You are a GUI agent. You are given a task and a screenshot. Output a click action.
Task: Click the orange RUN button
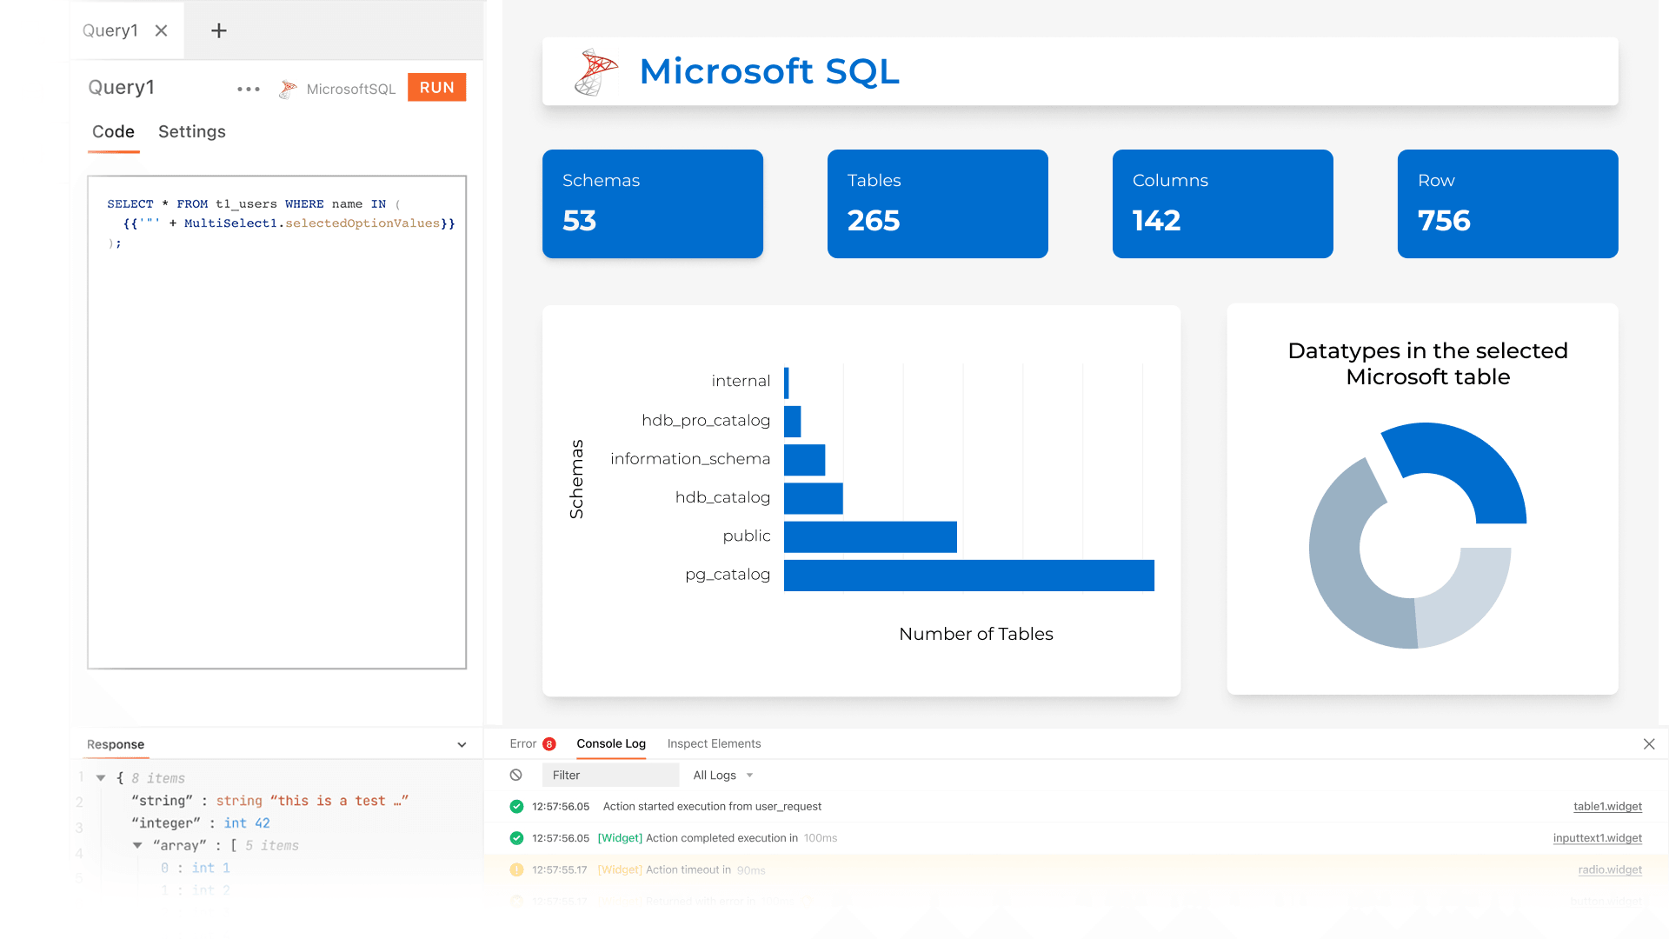(x=436, y=88)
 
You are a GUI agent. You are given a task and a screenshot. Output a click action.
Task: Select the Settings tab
(x=191, y=131)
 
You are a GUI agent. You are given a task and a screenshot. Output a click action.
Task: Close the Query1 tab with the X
(x=161, y=30)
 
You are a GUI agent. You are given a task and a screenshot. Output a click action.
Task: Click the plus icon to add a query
(x=219, y=30)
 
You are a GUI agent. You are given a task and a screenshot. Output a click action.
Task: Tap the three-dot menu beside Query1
(x=249, y=89)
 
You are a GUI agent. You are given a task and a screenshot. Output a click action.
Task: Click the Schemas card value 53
(x=579, y=221)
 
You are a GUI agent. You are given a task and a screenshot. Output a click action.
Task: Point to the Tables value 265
(x=873, y=221)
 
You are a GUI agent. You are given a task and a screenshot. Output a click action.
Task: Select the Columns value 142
(x=1156, y=221)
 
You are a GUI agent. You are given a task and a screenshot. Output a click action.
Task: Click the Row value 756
(x=1443, y=221)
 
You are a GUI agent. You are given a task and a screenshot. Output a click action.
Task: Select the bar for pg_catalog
(x=968, y=576)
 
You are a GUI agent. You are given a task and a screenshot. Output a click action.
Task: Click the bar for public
(x=869, y=537)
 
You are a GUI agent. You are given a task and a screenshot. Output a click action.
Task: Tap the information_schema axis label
(x=689, y=459)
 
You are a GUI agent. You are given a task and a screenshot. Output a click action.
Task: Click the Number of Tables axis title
(x=975, y=634)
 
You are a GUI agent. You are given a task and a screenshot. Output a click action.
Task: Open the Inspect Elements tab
(x=714, y=744)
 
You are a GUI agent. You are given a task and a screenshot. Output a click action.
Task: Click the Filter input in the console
(x=609, y=776)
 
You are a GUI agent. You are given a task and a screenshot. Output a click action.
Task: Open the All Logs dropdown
(x=722, y=776)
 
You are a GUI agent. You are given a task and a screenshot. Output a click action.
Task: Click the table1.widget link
(x=1607, y=807)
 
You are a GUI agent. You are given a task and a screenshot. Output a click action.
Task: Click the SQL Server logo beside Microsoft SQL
(x=595, y=71)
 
